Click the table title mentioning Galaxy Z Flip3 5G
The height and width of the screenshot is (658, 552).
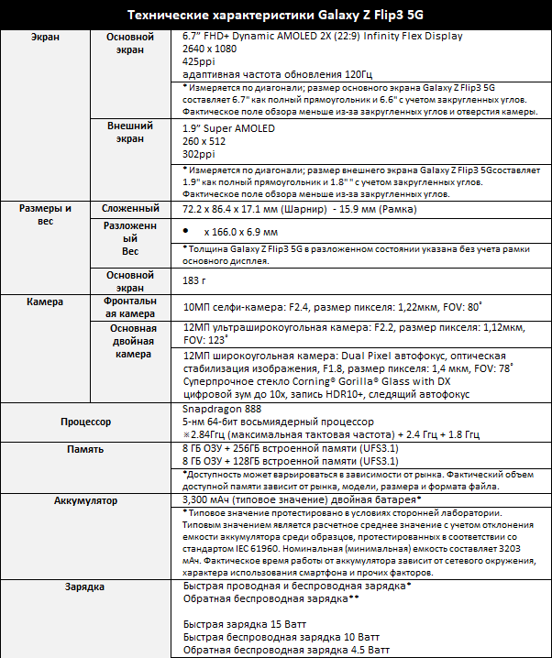point(275,15)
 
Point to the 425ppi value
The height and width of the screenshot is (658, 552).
point(199,61)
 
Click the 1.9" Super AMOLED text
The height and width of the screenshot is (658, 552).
point(228,130)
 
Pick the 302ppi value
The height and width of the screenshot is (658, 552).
point(199,156)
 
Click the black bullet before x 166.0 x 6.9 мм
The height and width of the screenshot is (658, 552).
point(189,233)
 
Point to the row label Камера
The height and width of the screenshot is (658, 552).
point(45,302)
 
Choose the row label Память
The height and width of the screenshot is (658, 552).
point(85,449)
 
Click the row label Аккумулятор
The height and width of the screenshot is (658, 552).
point(85,501)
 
